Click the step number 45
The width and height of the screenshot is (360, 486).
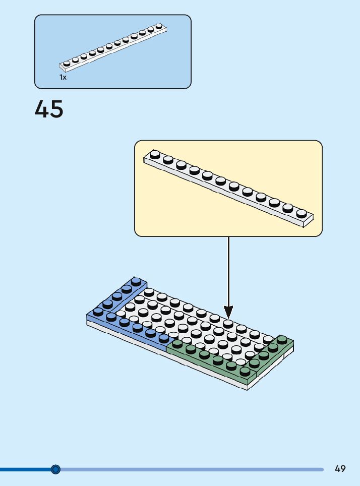point(49,109)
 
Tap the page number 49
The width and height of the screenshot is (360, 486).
point(340,469)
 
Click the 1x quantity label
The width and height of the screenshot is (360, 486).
point(63,78)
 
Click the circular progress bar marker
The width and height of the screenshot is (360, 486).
point(56,469)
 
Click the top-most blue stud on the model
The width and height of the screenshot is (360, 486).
point(136,281)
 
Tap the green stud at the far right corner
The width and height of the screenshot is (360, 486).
point(282,339)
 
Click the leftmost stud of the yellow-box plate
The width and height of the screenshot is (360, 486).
point(155,154)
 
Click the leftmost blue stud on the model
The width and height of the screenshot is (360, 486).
point(98,312)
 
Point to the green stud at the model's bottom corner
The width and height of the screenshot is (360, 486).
point(246,372)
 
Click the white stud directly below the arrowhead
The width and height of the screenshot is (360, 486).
point(228,323)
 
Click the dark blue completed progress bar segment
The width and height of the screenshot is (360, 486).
point(25,469)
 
